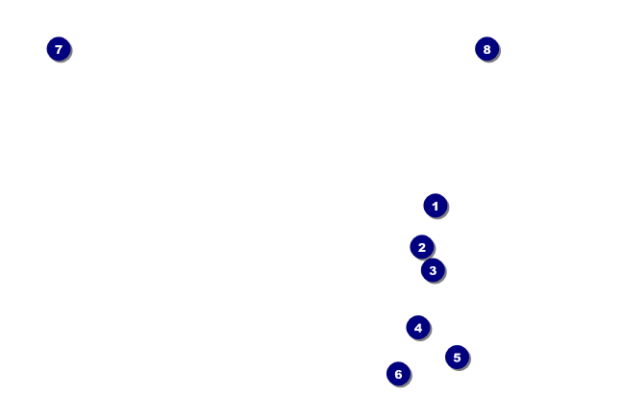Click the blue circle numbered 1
[x=436, y=206]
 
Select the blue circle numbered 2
[x=422, y=247]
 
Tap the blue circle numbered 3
[x=433, y=270]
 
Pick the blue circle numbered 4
[x=417, y=328]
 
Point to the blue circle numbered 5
[x=457, y=358]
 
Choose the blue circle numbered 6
[x=398, y=374]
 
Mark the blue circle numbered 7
[x=59, y=49]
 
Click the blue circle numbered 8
[x=487, y=49]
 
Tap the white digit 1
[x=436, y=206]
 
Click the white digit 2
[x=422, y=247]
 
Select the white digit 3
[x=433, y=270]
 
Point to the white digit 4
[x=417, y=328]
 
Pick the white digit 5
[x=457, y=358]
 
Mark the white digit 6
[x=398, y=374]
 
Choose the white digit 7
[x=59, y=49]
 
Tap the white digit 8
[x=487, y=49]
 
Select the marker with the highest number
[x=487, y=49]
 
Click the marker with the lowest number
[x=436, y=206]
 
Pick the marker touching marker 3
[x=422, y=247]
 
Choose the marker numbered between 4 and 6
[x=457, y=358]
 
